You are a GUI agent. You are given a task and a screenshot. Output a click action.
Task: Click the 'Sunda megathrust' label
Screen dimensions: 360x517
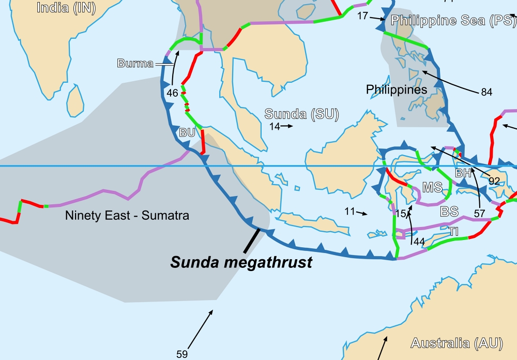pos(241,262)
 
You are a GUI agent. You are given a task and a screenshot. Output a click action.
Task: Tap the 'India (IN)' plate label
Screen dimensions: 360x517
pos(66,8)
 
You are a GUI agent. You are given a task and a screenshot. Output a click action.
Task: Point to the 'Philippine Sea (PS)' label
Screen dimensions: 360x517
pos(453,21)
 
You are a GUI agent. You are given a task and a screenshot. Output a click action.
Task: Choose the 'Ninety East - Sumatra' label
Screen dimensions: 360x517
pos(127,215)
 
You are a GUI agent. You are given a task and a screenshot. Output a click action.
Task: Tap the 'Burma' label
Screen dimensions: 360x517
pos(135,64)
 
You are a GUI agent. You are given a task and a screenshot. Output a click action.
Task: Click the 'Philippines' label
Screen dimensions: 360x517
pos(397,89)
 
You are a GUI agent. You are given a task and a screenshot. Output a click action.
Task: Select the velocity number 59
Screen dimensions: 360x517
pos(182,354)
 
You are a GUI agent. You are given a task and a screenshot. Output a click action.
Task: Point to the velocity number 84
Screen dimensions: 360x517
pos(486,92)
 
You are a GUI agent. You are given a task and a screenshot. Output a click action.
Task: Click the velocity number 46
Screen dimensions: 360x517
pos(172,93)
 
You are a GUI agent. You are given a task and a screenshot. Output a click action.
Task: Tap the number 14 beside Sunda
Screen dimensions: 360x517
pos(274,126)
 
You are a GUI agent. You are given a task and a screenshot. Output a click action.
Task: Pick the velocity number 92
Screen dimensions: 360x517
pos(494,181)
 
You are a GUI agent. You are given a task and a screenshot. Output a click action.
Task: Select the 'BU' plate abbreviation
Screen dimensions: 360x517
pos(187,132)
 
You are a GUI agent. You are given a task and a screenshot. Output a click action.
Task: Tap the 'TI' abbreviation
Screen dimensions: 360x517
pos(453,232)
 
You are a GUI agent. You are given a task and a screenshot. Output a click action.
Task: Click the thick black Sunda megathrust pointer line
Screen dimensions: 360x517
pos(252,240)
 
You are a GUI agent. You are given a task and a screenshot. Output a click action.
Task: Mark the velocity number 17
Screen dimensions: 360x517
pos(362,16)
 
